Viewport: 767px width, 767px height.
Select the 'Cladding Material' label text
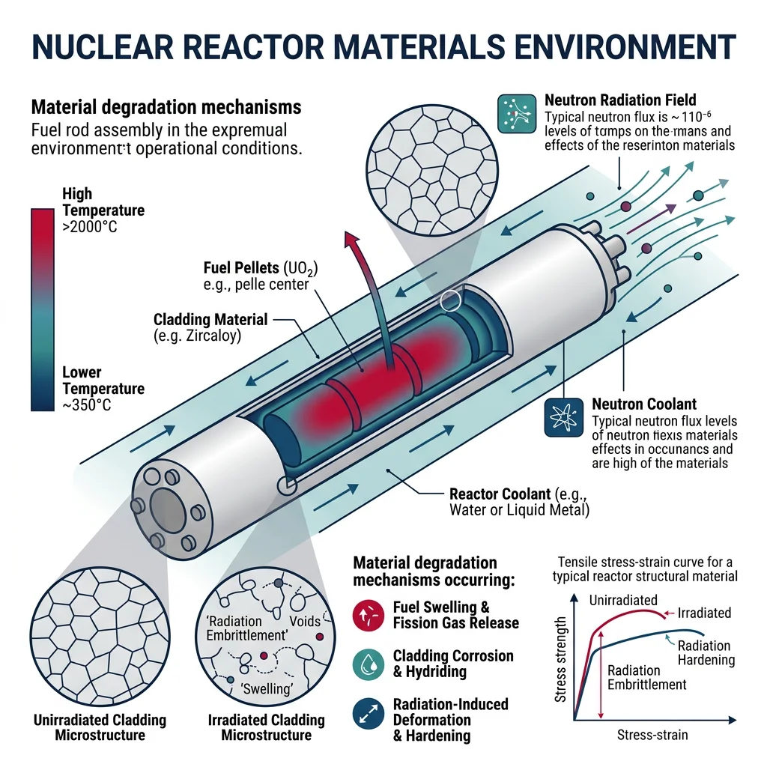[x=210, y=320]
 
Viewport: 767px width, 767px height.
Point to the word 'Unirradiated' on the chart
[x=624, y=601]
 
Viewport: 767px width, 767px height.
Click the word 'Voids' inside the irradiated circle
[x=304, y=621]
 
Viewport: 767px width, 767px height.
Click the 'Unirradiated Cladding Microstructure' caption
[x=100, y=727]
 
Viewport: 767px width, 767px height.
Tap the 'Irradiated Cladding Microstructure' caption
[x=266, y=727]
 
